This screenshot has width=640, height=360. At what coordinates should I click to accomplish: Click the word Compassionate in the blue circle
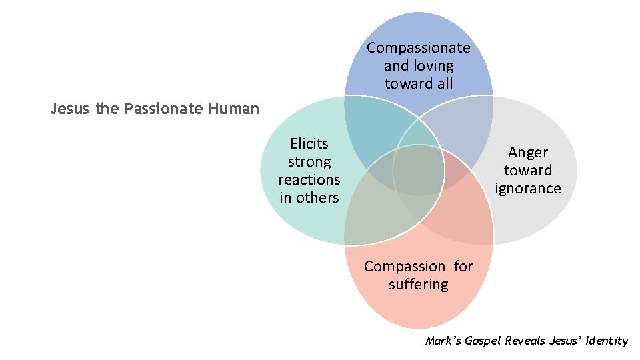tap(418, 48)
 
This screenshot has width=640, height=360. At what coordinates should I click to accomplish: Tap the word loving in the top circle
tap(433, 66)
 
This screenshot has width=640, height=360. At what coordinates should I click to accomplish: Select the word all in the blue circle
tap(443, 84)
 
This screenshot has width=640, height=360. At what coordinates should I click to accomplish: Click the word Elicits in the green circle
tap(309, 144)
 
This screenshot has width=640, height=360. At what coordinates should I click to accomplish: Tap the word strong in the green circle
tap(309, 162)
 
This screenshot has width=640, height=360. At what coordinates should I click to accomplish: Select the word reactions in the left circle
tap(309, 180)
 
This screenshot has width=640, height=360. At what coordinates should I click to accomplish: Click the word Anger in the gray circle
tap(528, 153)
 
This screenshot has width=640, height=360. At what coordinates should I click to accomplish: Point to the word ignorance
tap(528, 189)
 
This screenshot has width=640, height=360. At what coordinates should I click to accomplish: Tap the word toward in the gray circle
tap(528, 171)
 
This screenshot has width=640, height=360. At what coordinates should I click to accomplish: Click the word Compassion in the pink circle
tap(404, 267)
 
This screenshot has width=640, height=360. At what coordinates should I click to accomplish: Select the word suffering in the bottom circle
tap(419, 285)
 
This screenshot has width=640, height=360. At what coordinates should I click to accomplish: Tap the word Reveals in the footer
tap(526, 341)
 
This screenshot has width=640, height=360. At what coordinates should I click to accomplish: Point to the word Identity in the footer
tap(606, 341)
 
